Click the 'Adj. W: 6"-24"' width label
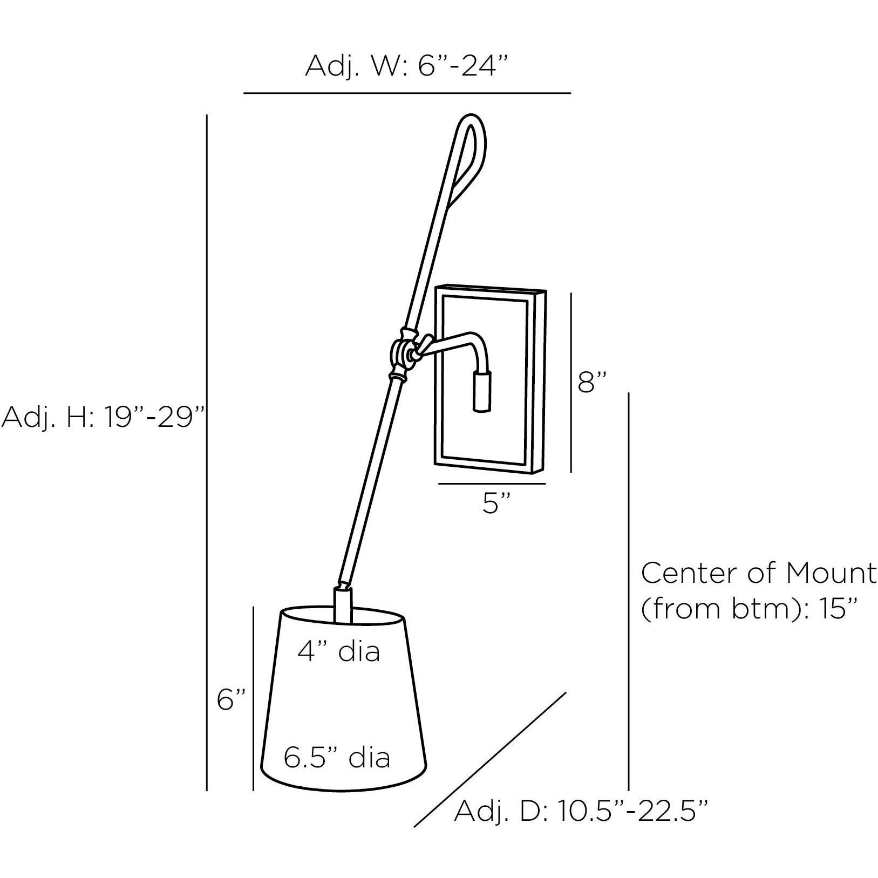[407, 66]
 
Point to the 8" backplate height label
[592, 383]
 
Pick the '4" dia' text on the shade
[339, 651]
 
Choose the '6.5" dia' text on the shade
[337, 758]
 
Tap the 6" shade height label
[232, 700]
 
